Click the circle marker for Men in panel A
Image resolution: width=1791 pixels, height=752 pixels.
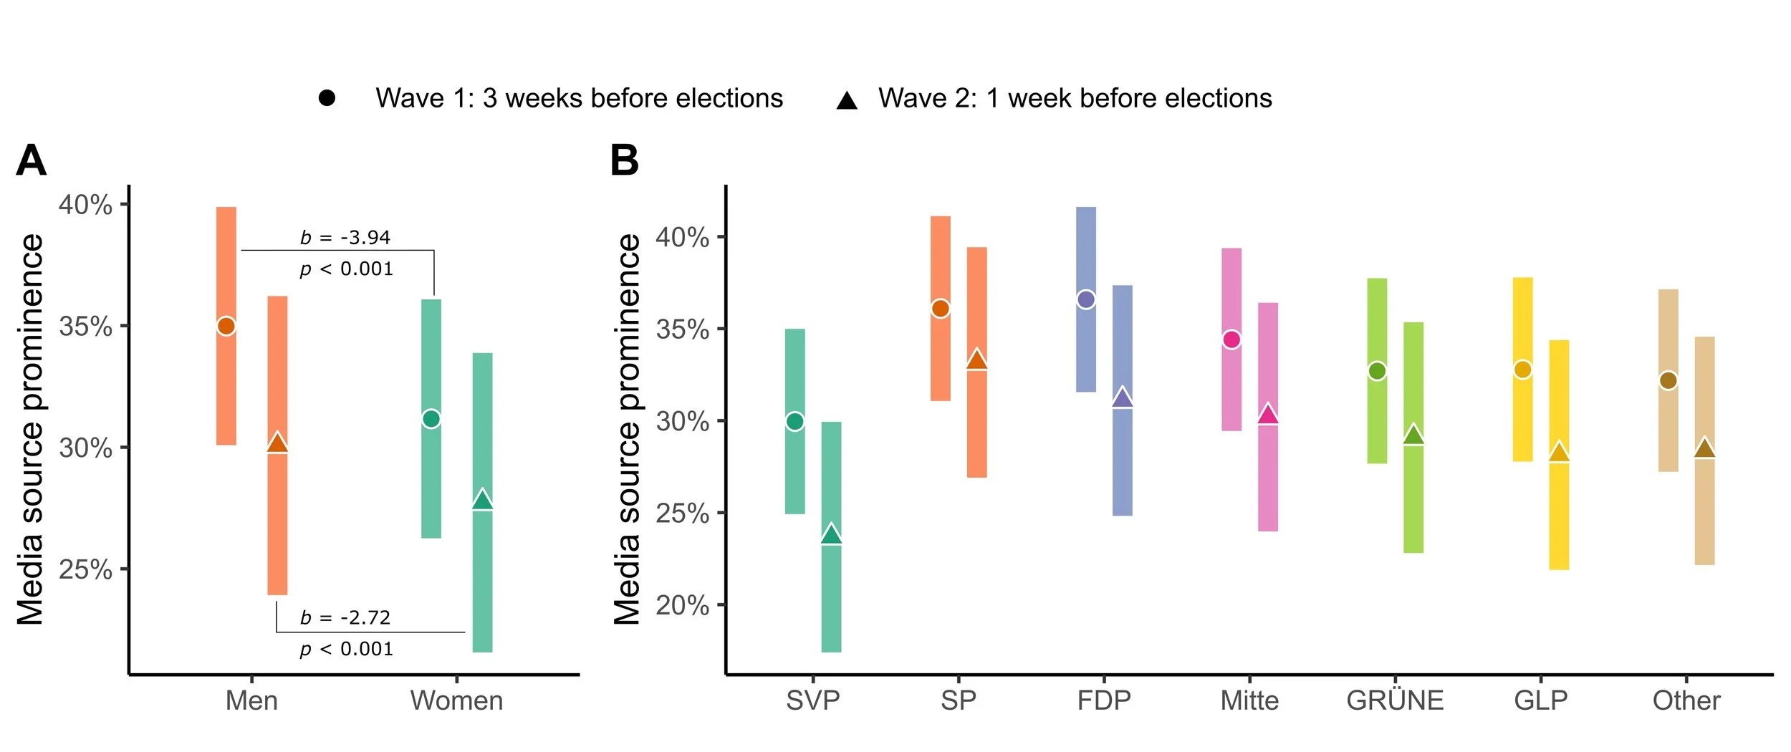(x=226, y=326)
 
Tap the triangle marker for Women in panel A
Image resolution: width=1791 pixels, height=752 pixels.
(x=482, y=500)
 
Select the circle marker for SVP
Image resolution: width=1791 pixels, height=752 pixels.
(x=794, y=421)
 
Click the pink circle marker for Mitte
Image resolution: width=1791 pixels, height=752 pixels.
(x=1231, y=339)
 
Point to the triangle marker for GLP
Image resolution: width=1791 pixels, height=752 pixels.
(x=1558, y=453)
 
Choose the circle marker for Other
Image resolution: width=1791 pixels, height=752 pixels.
(x=1668, y=380)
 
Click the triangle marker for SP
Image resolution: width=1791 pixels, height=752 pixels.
(x=976, y=360)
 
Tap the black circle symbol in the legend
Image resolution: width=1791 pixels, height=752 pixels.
(x=327, y=98)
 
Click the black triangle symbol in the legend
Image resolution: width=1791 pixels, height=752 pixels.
(x=847, y=100)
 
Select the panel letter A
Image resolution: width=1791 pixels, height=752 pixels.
(x=31, y=160)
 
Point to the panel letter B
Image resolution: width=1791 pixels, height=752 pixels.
(x=624, y=160)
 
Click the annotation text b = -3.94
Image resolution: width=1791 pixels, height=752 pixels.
(x=345, y=237)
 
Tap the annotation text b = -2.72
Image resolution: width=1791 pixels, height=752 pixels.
(x=345, y=617)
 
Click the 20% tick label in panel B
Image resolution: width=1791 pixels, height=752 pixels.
(x=681, y=605)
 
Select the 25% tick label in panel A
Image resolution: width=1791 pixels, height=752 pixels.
(x=85, y=570)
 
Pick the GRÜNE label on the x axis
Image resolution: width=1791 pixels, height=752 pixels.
(x=1395, y=700)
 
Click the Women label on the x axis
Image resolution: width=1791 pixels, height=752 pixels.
(x=456, y=700)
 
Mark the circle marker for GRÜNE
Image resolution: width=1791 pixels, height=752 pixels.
(x=1376, y=371)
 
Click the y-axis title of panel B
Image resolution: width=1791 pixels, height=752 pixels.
(x=628, y=430)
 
